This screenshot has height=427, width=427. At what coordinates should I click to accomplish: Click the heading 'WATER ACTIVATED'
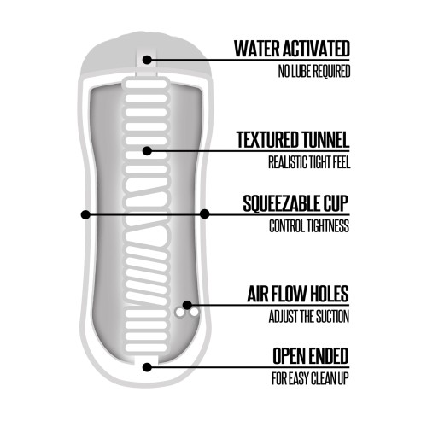point(292,49)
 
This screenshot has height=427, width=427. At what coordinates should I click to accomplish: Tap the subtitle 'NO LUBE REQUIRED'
point(314,71)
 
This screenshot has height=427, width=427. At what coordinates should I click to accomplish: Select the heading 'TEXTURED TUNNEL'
point(293,140)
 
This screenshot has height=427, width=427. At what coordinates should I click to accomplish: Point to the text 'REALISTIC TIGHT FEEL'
point(309,162)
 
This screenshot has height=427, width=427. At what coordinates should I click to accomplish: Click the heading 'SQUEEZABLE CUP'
point(295,203)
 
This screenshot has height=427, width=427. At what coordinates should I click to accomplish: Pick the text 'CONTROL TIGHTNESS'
point(309,226)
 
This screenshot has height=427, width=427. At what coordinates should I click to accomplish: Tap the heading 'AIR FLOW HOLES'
point(298,294)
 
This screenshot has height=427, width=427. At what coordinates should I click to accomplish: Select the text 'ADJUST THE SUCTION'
point(309,316)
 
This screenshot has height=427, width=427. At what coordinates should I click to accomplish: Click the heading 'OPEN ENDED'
point(311,356)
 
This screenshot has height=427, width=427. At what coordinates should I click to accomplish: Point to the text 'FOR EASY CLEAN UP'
point(310,378)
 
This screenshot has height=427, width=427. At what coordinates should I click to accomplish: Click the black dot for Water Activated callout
point(147,60)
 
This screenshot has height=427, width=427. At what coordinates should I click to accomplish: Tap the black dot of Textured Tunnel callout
point(147,151)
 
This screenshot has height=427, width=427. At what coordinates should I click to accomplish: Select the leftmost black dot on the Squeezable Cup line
point(85,214)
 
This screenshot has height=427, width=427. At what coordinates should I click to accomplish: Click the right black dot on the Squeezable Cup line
point(205,213)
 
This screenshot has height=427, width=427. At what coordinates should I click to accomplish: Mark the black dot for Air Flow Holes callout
point(187,305)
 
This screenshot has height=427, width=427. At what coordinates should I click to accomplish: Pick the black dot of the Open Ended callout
point(147,367)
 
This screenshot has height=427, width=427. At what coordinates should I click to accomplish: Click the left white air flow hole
point(179,313)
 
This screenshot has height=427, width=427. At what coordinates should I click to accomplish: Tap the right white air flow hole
point(194,313)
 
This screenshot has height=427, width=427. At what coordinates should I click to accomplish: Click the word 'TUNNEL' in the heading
point(325,140)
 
